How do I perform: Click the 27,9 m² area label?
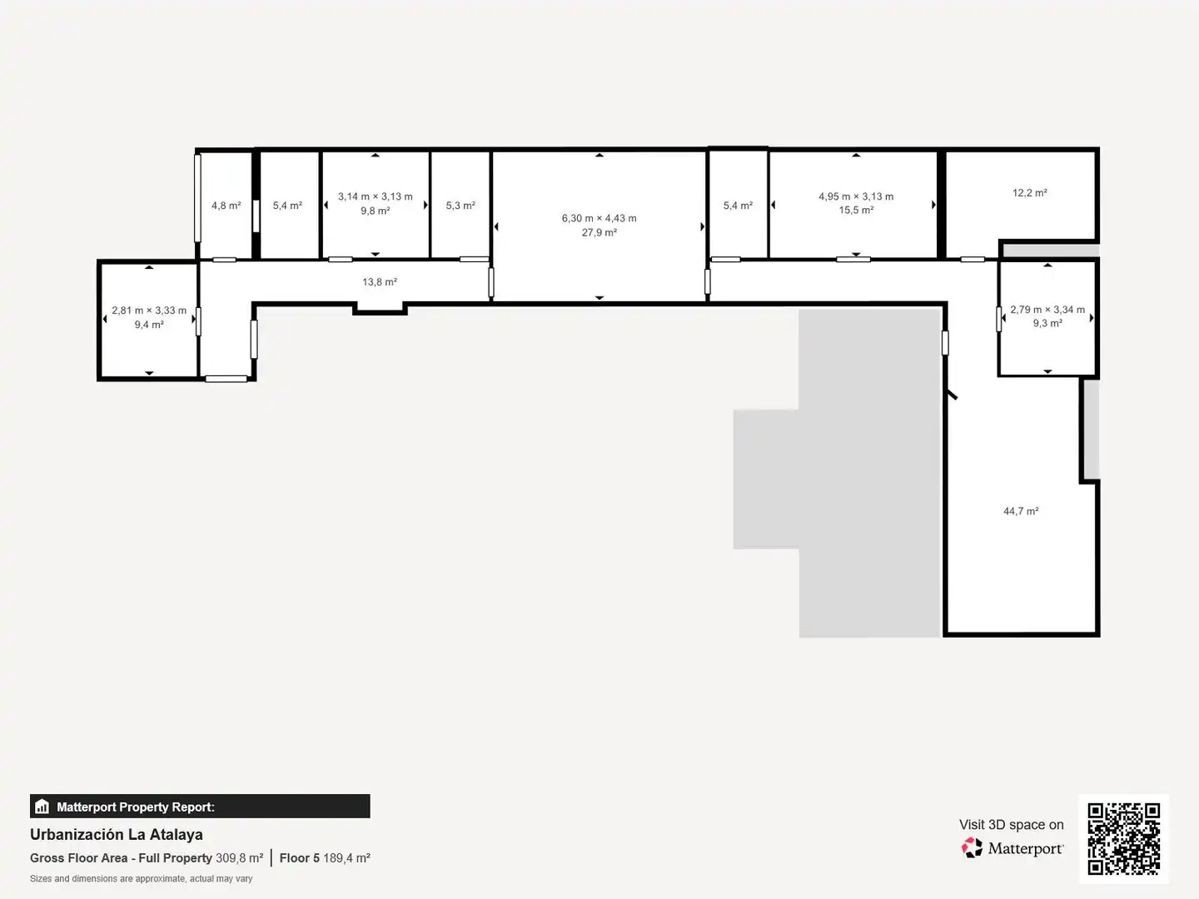[599, 232]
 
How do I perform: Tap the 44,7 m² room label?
[1020, 511]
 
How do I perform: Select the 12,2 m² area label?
[1030, 192]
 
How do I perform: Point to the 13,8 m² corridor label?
[379, 281]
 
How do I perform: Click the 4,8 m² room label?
[226, 206]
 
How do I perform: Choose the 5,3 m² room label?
[460, 206]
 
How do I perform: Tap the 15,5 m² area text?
[856, 210]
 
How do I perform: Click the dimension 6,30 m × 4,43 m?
[599, 218]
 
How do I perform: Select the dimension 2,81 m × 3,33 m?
[149, 310]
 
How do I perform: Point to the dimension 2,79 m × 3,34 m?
[1047, 310]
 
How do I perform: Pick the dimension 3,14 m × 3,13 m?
[376, 196]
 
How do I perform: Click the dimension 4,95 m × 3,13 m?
[856, 196]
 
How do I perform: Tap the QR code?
[1123, 838]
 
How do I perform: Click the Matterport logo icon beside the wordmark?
[972, 847]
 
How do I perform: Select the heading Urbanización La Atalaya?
[117, 834]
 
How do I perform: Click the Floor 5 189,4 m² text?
[325, 857]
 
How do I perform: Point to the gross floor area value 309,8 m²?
[239, 857]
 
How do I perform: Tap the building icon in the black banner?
[42, 807]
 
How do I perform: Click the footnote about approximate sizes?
[141, 878]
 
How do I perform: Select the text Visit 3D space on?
[1011, 824]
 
